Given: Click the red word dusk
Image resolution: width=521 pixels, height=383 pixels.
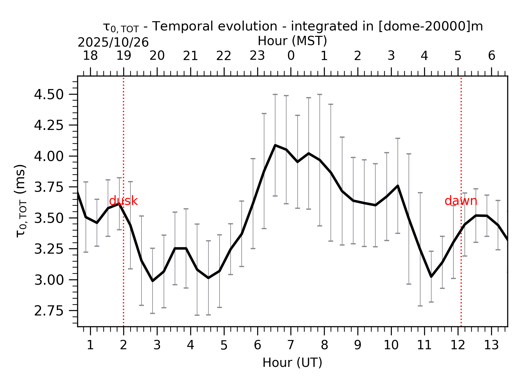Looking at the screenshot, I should click(123, 201).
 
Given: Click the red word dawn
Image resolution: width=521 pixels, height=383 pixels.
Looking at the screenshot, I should click(461, 201).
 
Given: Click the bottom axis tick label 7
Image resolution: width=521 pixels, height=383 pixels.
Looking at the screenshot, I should click(291, 345).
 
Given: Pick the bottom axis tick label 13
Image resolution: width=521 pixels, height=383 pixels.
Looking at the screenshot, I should click(491, 345).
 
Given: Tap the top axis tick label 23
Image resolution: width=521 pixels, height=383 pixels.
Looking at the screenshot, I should click(257, 56).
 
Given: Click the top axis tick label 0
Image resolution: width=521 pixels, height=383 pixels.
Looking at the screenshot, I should click(291, 56).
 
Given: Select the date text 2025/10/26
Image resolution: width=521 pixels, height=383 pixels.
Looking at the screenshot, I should click(113, 43).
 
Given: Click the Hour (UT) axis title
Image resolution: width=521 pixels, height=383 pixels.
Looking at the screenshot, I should click(292, 363).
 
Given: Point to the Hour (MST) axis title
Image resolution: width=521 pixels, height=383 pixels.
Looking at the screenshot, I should click(292, 41).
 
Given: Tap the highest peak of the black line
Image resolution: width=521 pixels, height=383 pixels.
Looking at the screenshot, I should click(275, 145).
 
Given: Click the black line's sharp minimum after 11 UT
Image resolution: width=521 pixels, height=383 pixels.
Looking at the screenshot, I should click(431, 277).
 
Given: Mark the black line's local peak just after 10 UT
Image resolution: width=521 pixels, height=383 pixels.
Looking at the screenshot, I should click(398, 186).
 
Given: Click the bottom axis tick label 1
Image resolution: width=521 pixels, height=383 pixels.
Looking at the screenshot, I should click(90, 345).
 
